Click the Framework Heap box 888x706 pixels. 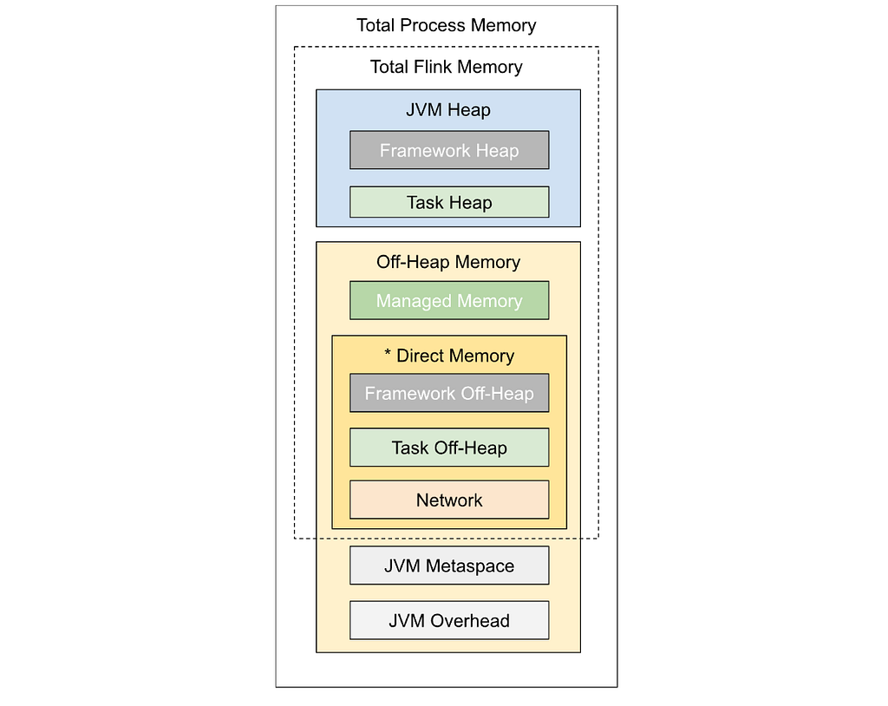pos(449,150)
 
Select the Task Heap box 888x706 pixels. pos(449,202)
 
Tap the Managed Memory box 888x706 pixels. pos(449,300)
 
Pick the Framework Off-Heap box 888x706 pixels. pos(449,393)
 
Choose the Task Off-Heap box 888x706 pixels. pos(449,448)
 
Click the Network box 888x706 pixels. pos(449,500)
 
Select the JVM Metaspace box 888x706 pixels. pos(449,565)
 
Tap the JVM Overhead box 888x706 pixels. pos(449,620)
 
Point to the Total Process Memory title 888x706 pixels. pos(447,25)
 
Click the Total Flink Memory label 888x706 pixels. pos(447,67)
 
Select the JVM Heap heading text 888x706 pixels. pos(448,110)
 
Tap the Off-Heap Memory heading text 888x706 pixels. pos(448,262)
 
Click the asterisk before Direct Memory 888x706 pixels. pos(388,353)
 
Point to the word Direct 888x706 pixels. pos(420,356)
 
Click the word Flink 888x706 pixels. pos(434,67)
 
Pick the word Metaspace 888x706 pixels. pos(470,566)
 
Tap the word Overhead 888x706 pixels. pos(470,621)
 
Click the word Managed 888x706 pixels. pos(410,302)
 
